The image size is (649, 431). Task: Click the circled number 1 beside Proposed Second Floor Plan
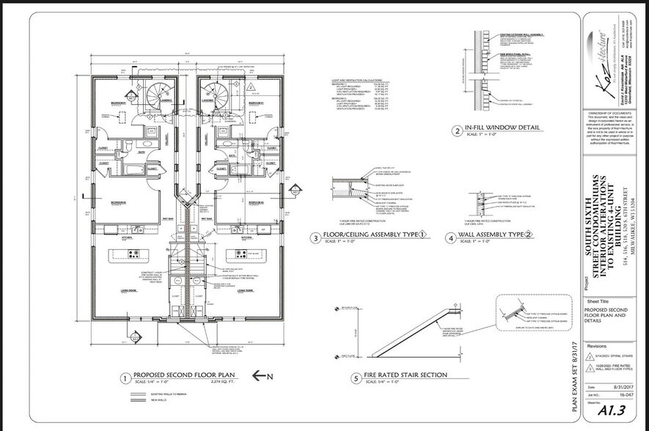(125, 379)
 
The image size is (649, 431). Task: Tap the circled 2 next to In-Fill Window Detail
(456, 132)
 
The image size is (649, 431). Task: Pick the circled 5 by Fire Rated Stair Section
(355, 379)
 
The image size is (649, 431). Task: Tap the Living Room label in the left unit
(119, 291)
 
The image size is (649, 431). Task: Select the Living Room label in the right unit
(245, 291)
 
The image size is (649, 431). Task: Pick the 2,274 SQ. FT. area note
(222, 381)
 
